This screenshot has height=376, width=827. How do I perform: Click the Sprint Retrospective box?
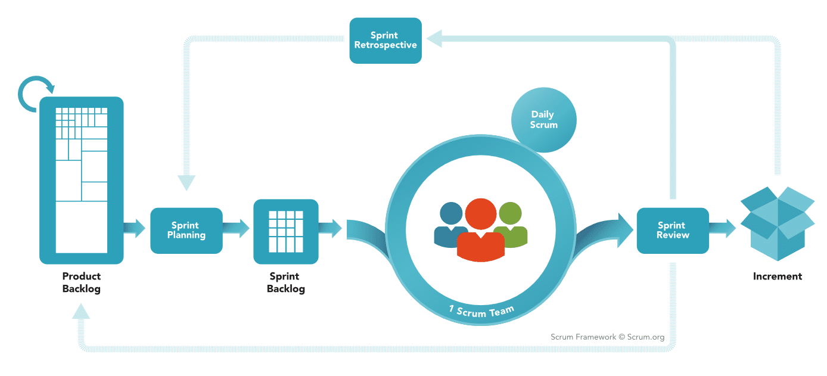(385, 41)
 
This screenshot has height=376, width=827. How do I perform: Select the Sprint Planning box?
(186, 231)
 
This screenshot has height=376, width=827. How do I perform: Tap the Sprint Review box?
(673, 231)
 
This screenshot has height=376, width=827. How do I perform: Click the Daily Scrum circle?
(543, 120)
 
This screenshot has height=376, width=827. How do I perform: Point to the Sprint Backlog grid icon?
(286, 232)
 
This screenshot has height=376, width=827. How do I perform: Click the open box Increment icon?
(778, 224)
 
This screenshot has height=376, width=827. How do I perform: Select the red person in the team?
(481, 230)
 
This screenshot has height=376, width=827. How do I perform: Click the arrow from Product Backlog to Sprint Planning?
(135, 228)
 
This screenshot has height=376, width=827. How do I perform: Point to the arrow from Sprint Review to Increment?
(722, 228)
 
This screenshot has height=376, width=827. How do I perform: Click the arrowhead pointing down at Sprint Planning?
(186, 182)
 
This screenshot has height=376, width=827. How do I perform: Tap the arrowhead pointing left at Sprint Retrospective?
(434, 38)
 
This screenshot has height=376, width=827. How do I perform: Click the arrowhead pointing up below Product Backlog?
(81, 312)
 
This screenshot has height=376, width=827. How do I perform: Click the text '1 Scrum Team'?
(481, 311)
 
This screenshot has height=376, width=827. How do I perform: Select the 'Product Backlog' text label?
(82, 282)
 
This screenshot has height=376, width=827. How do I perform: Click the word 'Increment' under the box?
(778, 276)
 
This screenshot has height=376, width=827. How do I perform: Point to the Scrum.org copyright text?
(607, 337)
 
